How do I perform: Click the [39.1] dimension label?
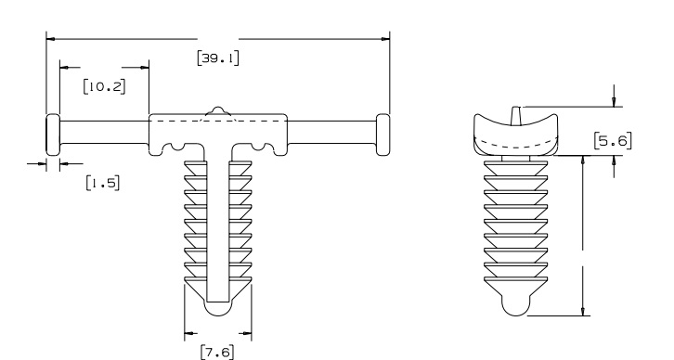click(x=219, y=58)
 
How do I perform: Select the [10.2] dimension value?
click(x=103, y=87)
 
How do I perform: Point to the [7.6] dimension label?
click(x=219, y=351)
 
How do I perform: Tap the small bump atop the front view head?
click(x=218, y=111)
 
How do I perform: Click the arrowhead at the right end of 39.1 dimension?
click(x=384, y=39)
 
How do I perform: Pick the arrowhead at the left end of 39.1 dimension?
click(x=51, y=39)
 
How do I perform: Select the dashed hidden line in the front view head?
click(x=218, y=120)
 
